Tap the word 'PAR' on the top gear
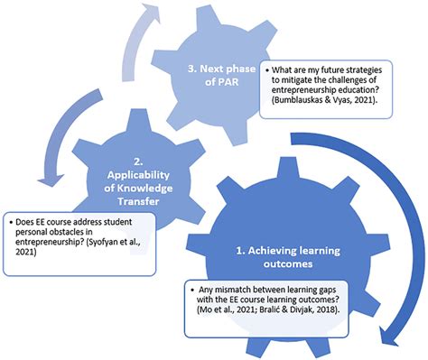click(216, 80)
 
